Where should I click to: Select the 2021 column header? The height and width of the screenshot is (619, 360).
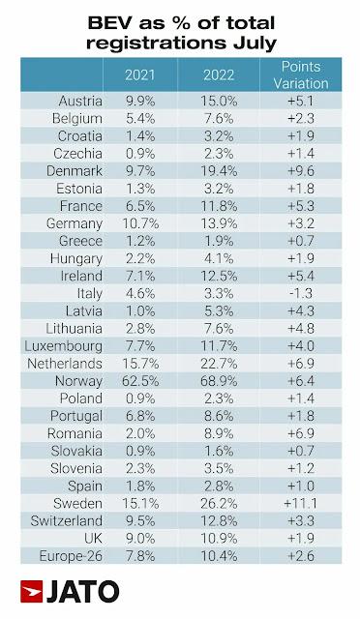pos(142,75)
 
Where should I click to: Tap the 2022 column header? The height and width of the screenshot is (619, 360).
pos(220,75)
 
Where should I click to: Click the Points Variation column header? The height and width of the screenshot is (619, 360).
pos(299,74)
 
